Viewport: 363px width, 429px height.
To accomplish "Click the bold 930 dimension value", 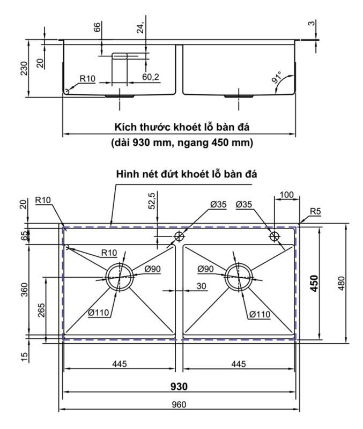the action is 179,386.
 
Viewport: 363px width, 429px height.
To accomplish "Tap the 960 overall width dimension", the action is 179,404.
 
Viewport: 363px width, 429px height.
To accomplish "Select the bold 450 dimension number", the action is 315,284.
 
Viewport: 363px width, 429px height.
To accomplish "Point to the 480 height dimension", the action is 342,284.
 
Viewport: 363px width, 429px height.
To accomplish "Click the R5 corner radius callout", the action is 315,211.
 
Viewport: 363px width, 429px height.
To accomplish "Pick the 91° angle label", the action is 277,77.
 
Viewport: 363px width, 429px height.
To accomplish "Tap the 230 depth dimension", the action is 24,69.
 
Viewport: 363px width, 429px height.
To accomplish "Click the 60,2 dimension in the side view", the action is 151,77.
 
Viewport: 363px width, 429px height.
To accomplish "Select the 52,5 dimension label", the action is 152,201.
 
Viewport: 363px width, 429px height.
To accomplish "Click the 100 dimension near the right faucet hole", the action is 287,195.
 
